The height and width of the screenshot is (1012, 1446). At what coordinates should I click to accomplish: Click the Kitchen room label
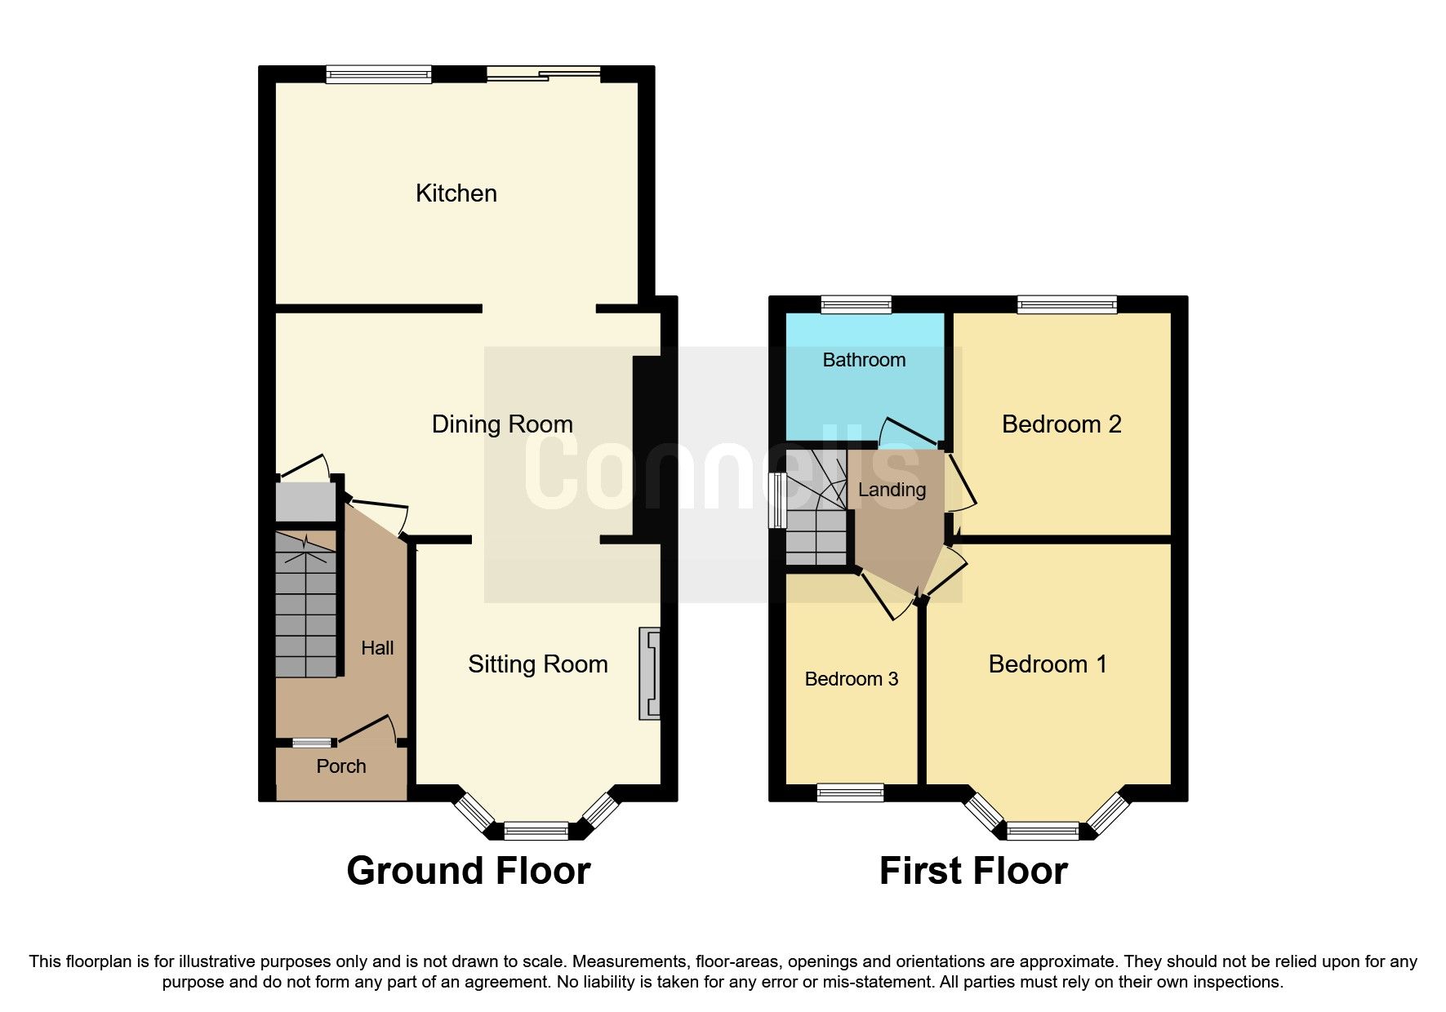pyautogui.click(x=456, y=193)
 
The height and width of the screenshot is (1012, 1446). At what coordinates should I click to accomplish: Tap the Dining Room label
pyautogui.click(x=501, y=424)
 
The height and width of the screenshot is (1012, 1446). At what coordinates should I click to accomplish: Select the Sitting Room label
pyautogui.click(x=537, y=664)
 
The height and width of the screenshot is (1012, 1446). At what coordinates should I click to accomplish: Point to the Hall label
pyautogui.click(x=377, y=648)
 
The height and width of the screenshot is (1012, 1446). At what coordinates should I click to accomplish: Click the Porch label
pyautogui.click(x=340, y=766)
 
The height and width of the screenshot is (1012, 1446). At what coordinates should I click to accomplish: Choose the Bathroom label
pyautogui.click(x=864, y=360)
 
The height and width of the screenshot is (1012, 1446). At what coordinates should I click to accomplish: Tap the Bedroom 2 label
pyautogui.click(x=1061, y=424)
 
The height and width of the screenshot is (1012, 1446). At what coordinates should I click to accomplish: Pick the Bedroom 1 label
pyautogui.click(x=1048, y=664)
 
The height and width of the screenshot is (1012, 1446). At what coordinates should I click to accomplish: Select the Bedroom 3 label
pyautogui.click(x=851, y=679)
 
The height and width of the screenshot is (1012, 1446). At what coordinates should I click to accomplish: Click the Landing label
pyautogui.click(x=892, y=490)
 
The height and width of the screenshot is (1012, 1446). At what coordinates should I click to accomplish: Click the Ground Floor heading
pyautogui.click(x=468, y=871)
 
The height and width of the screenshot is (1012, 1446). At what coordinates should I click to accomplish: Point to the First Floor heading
pyautogui.click(x=972, y=871)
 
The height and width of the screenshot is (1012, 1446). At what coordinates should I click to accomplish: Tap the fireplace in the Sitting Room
pyautogui.click(x=650, y=673)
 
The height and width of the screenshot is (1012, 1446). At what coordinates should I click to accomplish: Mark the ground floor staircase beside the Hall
pyautogui.click(x=306, y=604)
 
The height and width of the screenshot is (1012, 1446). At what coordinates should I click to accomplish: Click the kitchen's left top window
pyautogui.click(x=378, y=74)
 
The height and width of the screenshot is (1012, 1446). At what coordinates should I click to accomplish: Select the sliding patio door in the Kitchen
pyautogui.click(x=543, y=74)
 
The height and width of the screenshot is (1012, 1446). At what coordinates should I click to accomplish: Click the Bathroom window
pyautogui.click(x=856, y=304)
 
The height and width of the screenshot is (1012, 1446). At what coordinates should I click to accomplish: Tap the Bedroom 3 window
pyautogui.click(x=850, y=792)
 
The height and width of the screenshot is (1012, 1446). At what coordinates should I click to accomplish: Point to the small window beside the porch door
pyautogui.click(x=313, y=743)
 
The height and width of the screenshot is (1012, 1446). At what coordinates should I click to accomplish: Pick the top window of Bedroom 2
pyautogui.click(x=1066, y=304)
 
